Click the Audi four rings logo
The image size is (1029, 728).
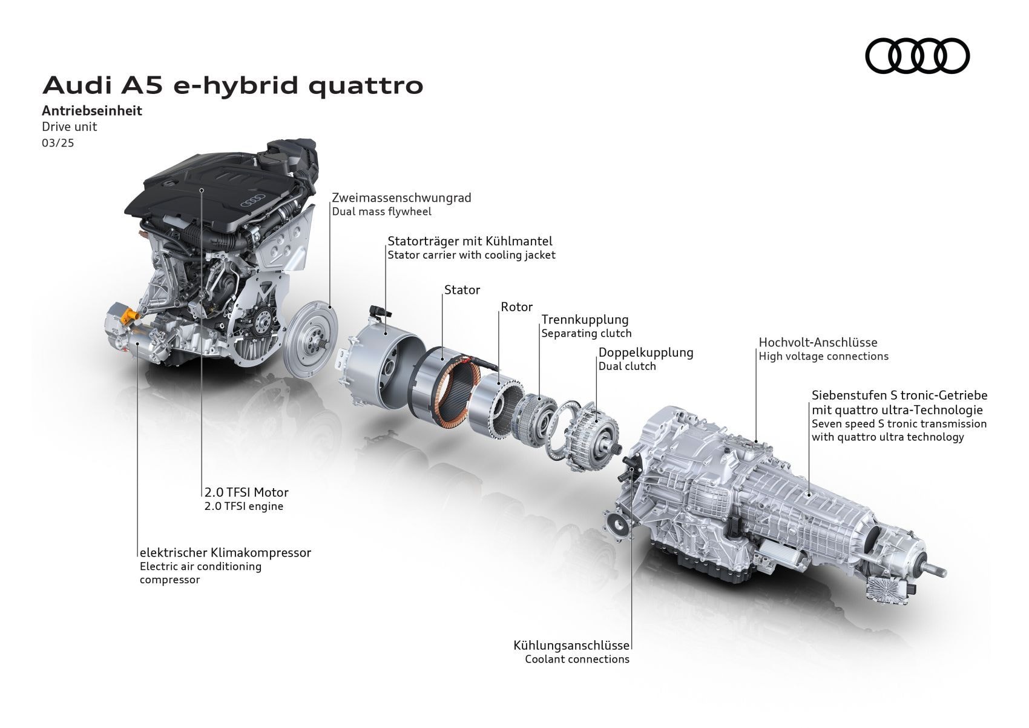click(x=917, y=56)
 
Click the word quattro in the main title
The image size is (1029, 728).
click(x=366, y=85)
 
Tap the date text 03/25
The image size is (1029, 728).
click(x=58, y=144)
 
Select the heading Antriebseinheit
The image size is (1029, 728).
click(x=92, y=111)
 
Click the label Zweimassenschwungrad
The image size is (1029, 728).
click(x=401, y=197)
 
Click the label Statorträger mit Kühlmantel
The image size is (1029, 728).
click(x=470, y=241)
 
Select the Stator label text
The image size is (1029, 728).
click(x=462, y=290)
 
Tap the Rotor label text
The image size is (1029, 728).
click(x=516, y=307)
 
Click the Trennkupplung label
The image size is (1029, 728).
click(x=585, y=319)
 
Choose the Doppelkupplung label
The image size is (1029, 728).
click(x=646, y=352)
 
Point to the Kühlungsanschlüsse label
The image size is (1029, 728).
click(x=571, y=646)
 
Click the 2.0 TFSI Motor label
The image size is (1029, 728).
click(x=246, y=492)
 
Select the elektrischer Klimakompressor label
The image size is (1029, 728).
click(x=225, y=552)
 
